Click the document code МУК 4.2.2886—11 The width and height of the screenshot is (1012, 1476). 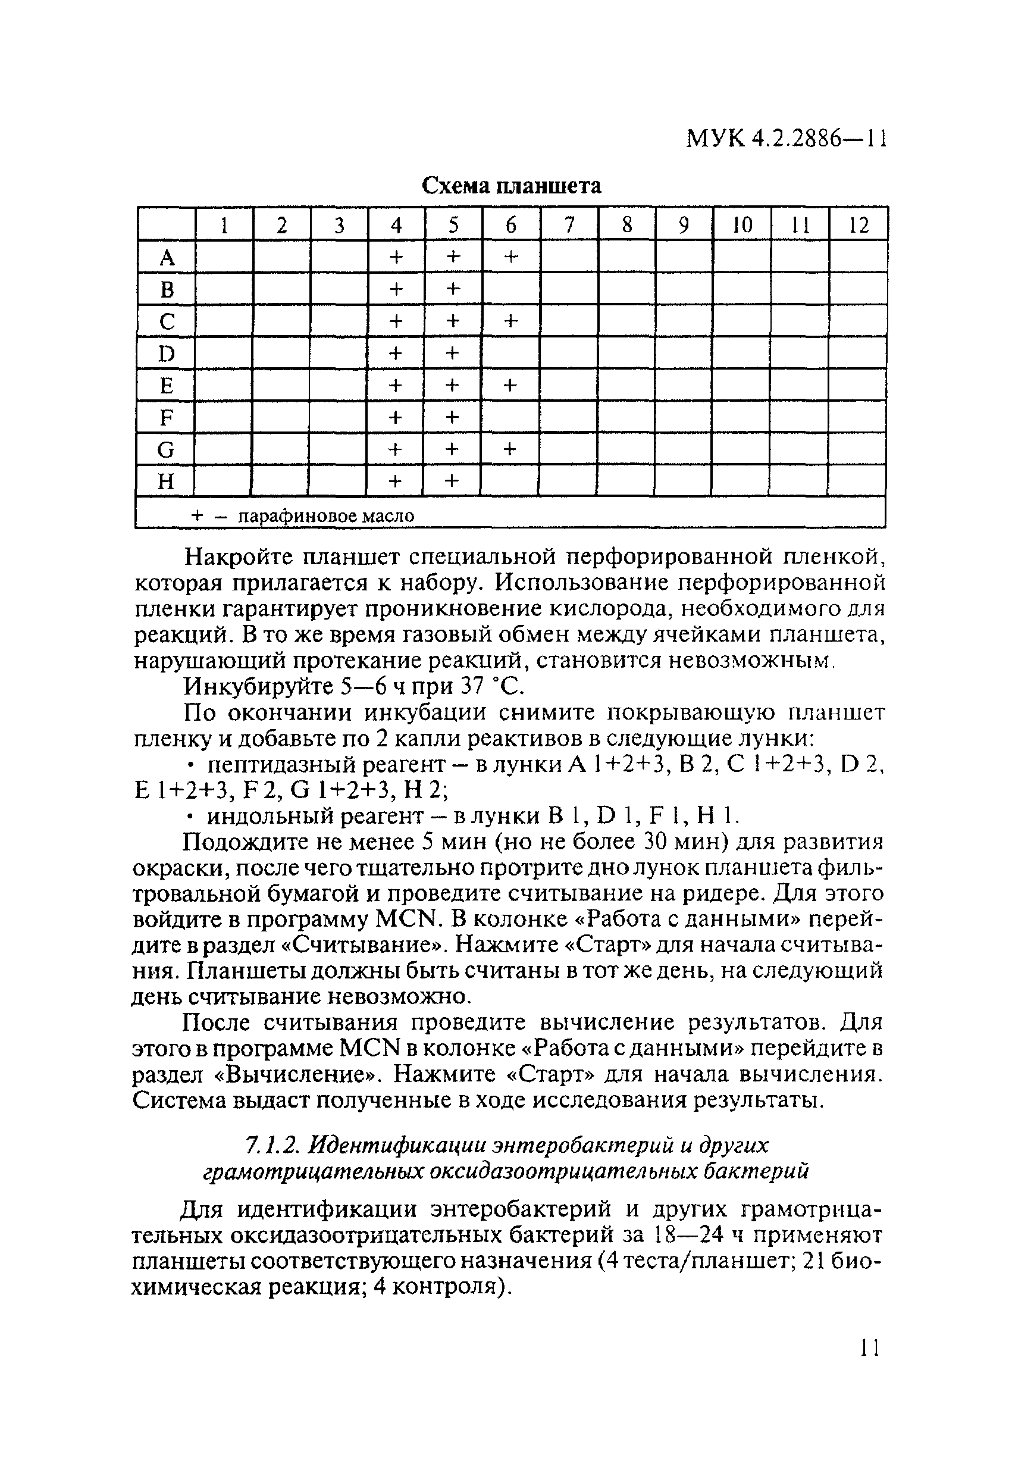click(x=785, y=138)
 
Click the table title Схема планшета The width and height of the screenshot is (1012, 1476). click(x=511, y=186)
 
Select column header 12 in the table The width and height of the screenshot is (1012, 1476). click(x=858, y=226)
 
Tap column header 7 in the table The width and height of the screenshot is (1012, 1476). click(x=569, y=226)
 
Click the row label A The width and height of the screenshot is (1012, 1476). click(x=167, y=258)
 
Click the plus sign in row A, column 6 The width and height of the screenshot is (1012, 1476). click(x=511, y=257)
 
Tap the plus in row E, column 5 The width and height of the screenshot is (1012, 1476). click(x=452, y=386)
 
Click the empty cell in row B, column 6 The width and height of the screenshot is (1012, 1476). click(x=511, y=290)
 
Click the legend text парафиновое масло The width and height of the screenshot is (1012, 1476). click(x=325, y=516)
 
